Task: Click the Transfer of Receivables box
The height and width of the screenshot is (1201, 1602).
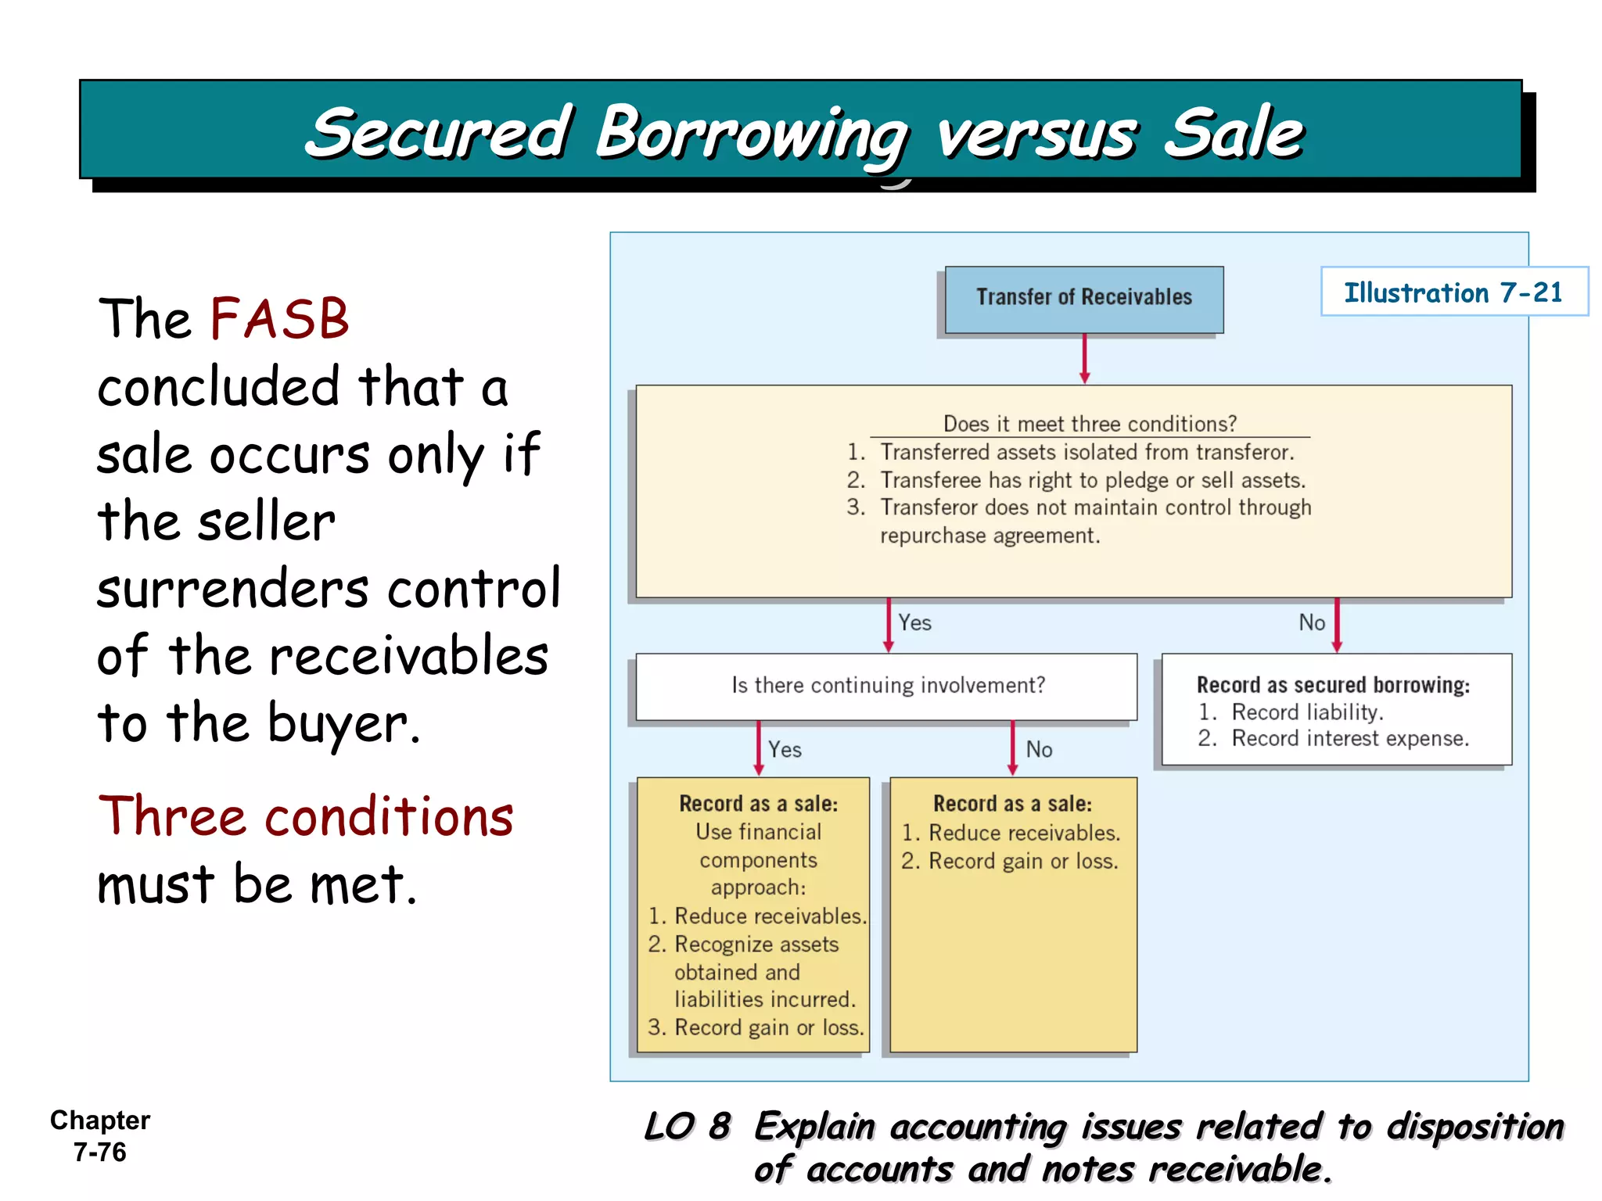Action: coord(1083,299)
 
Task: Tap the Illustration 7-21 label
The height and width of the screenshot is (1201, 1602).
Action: coord(1453,292)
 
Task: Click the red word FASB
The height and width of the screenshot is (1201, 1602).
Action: coord(279,319)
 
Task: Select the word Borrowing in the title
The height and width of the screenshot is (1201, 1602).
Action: coord(751,134)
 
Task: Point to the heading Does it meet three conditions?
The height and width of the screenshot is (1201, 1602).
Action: coord(1090,424)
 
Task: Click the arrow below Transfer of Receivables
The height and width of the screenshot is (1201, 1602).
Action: coord(1084,358)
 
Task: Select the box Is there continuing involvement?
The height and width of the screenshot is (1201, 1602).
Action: coord(887,686)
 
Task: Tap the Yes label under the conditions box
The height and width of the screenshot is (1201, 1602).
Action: coord(914,622)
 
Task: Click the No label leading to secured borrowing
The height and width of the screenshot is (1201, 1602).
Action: coord(1312,622)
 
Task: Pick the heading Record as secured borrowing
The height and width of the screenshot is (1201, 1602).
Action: coord(1333,685)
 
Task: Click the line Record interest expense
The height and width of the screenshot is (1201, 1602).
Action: coord(1349,738)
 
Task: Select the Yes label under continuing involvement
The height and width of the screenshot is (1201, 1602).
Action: coord(785,749)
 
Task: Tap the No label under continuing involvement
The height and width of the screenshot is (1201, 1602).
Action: coord(1039,749)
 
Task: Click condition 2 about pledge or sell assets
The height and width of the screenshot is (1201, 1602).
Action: coord(1092,480)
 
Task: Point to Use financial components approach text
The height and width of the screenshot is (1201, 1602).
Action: coord(758,859)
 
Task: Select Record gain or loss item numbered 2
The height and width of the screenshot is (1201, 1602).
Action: coord(1022,861)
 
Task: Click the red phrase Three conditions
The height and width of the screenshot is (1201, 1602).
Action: coord(306,817)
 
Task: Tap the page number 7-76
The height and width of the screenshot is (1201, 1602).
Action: coord(100,1152)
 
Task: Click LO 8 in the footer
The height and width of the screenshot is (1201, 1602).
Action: coord(687,1127)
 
